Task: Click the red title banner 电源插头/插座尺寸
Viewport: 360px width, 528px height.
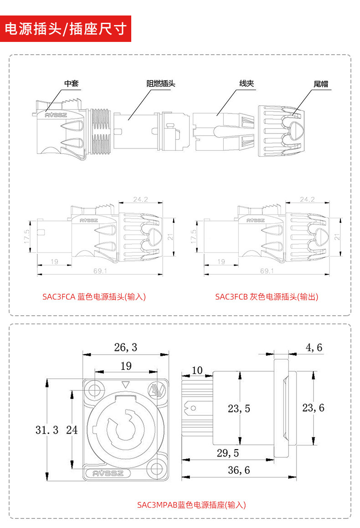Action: click(66, 29)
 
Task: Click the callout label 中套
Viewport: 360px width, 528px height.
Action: click(71, 83)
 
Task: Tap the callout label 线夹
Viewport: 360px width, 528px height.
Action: click(247, 83)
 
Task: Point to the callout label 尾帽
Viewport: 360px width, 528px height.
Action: click(321, 84)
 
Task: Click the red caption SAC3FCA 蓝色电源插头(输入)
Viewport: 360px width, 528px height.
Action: click(94, 297)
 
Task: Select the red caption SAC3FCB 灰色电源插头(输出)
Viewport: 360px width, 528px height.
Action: click(267, 297)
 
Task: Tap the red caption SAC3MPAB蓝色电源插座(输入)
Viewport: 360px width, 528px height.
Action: click(191, 505)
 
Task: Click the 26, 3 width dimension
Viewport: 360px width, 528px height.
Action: click(125, 348)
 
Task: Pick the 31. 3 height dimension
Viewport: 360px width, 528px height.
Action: click(47, 430)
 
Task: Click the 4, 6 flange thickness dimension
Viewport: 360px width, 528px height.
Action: click(314, 348)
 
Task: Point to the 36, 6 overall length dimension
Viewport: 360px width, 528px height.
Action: click(239, 470)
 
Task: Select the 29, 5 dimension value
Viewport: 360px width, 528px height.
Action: click(227, 453)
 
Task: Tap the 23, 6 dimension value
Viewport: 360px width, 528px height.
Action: click(313, 408)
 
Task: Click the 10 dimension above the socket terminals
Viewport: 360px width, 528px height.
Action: click(197, 370)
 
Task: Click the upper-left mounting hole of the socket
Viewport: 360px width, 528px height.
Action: click(95, 390)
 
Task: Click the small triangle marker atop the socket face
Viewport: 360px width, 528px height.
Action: click(126, 384)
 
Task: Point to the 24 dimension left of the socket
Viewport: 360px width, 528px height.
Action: click(72, 429)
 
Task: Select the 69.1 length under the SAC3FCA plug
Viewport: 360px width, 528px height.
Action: click(100, 271)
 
